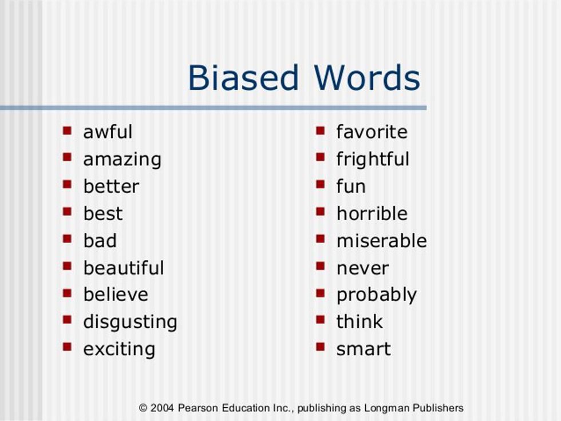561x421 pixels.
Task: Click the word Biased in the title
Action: (x=243, y=78)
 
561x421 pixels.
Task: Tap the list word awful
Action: (x=108, y=132)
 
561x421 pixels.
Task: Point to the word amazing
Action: (x=122, y=159)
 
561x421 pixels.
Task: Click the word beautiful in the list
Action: (x=124, y=268)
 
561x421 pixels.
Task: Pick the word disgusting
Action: (x=130, y=322)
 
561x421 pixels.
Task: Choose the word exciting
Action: (x=119, y=349)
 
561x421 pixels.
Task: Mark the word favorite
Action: (x=372, y=132)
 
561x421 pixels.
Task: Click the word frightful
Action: (x=373, y=159)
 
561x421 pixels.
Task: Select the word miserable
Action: (x=381, y=240)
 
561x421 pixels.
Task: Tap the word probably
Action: (x=376, y=295)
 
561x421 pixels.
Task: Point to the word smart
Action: (x=364, y=349)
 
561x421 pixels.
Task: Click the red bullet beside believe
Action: (x=68, y=293)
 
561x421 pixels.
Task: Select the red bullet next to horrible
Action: (x=321, y=212)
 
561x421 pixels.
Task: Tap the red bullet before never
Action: (x=321, y=266)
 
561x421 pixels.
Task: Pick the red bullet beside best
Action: (x=68, y=212)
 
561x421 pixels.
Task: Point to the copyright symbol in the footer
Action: (x=144, y=408)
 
